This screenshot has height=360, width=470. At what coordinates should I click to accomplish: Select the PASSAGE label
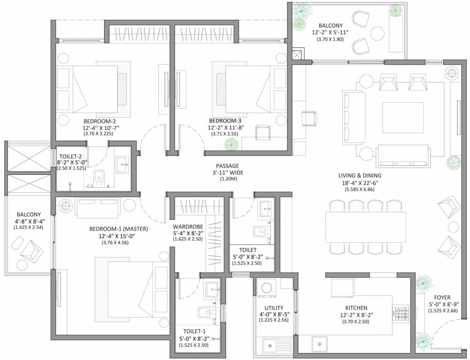[227, 166]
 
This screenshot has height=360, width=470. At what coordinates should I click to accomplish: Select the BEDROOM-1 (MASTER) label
[119, 229]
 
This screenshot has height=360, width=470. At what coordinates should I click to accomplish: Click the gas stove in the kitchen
[401, 313]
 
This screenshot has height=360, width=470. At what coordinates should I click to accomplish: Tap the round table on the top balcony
[378, 33]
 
